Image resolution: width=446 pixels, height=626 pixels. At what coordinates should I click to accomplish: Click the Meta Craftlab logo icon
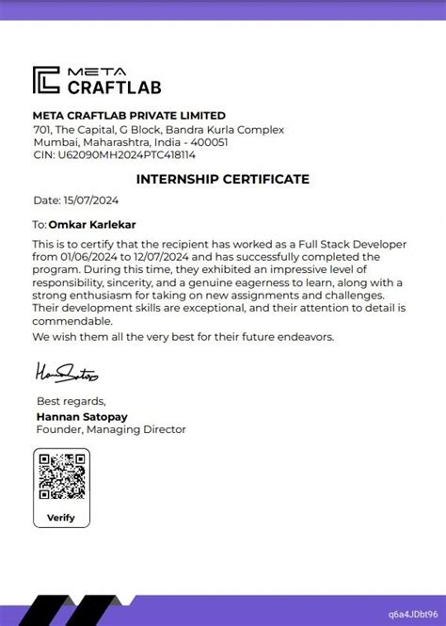click(47, 80)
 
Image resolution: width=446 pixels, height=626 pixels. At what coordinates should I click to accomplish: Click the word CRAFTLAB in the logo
click(114, 88)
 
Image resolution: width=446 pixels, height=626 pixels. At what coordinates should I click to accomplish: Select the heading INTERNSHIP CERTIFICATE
click(223, 179)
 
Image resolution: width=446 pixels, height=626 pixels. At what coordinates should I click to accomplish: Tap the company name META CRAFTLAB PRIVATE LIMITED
click(129, 116)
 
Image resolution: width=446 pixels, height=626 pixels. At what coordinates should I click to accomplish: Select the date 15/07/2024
click(92, 201)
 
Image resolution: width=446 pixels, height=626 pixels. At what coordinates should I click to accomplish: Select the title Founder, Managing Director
click(111, 429)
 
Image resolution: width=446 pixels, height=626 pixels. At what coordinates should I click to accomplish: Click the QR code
click(61, 477)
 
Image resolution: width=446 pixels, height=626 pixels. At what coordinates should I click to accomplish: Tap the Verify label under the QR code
click(61, 517)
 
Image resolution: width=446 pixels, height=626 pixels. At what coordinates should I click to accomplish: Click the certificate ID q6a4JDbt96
click(412, 612)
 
